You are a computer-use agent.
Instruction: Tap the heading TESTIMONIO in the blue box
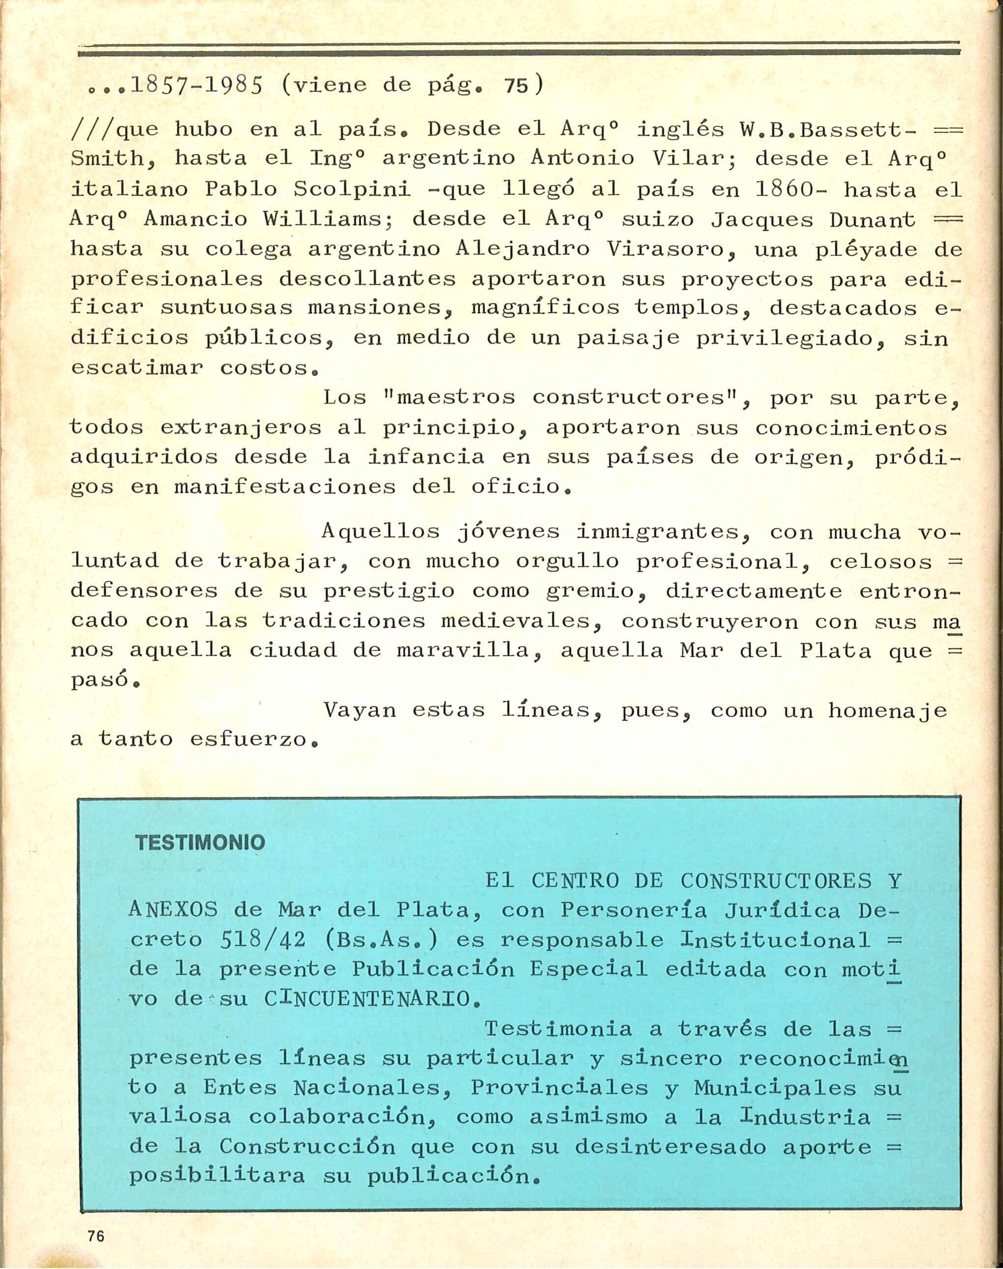point(200,843)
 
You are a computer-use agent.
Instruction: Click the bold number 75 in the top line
point(517,86)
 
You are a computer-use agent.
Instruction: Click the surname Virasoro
point(667,249)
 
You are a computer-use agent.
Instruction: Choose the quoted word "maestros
point(448,398)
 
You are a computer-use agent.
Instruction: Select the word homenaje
point(887,711)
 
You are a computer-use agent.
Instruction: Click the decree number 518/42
point(263,940)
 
